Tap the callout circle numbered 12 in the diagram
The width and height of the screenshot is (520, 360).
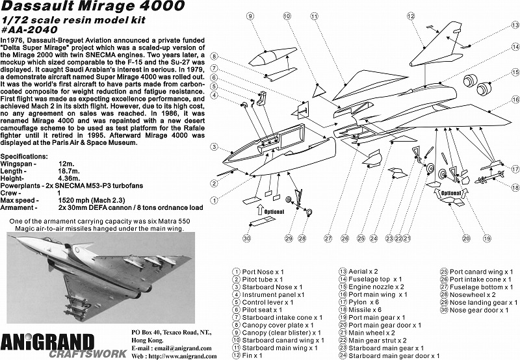411,16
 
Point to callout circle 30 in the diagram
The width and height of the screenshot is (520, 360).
247,238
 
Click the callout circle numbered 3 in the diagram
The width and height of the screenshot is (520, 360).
213,148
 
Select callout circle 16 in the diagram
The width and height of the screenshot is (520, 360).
515,100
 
